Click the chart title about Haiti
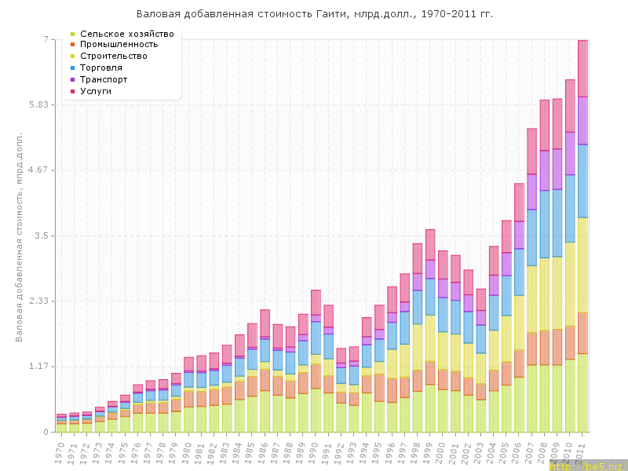point(315,14)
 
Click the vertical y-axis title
point(19,235)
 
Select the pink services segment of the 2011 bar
point(583,68)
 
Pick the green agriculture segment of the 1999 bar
point(430,408)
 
